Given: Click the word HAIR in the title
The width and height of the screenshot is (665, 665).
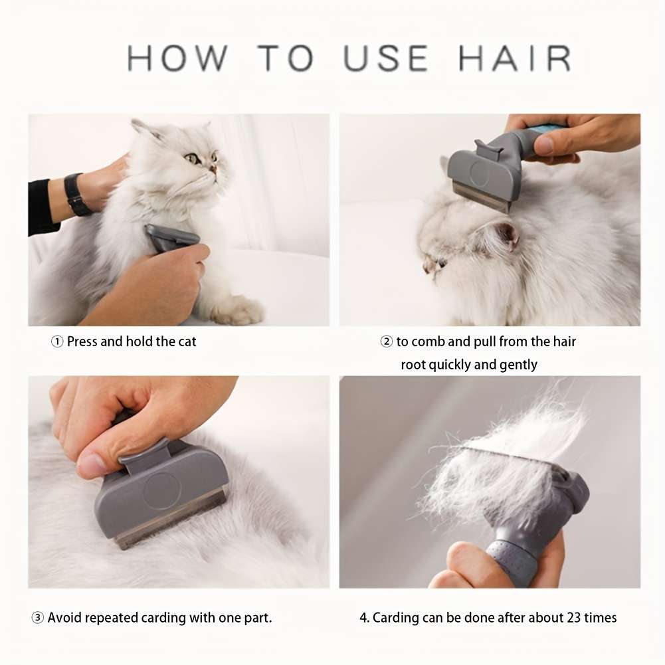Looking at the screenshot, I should (x=515, y=58).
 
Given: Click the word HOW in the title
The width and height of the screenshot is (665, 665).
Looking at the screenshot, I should (x=177, y=58).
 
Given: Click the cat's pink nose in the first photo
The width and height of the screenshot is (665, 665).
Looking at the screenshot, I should (x=213, y=169).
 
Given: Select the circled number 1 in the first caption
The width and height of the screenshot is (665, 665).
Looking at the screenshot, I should (x=57, y=342).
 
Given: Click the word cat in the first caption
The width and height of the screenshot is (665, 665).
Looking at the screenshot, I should (x=187, y=342).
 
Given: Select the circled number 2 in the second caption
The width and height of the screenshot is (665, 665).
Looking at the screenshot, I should (x=386, y=342).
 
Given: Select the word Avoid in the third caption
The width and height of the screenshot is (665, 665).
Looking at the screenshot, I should (x=65, y=618).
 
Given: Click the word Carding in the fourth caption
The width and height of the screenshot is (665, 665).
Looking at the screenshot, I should (x=397, y=618).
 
